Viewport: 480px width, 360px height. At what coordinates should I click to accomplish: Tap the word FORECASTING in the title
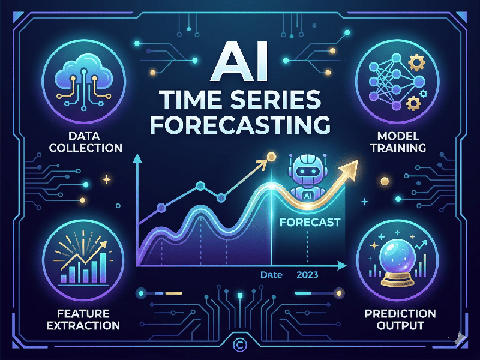pos(240,124)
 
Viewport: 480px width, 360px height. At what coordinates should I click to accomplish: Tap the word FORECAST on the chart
pos(310,222)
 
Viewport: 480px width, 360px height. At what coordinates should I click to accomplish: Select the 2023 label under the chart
pos(307,275)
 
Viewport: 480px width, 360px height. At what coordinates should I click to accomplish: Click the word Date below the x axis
pos(271,275)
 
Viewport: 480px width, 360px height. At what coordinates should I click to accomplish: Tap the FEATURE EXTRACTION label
pos(84,319)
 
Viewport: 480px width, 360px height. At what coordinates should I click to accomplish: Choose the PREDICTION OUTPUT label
pos(398,319)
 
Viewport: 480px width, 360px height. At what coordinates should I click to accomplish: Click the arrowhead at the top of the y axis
pos(137,158)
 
